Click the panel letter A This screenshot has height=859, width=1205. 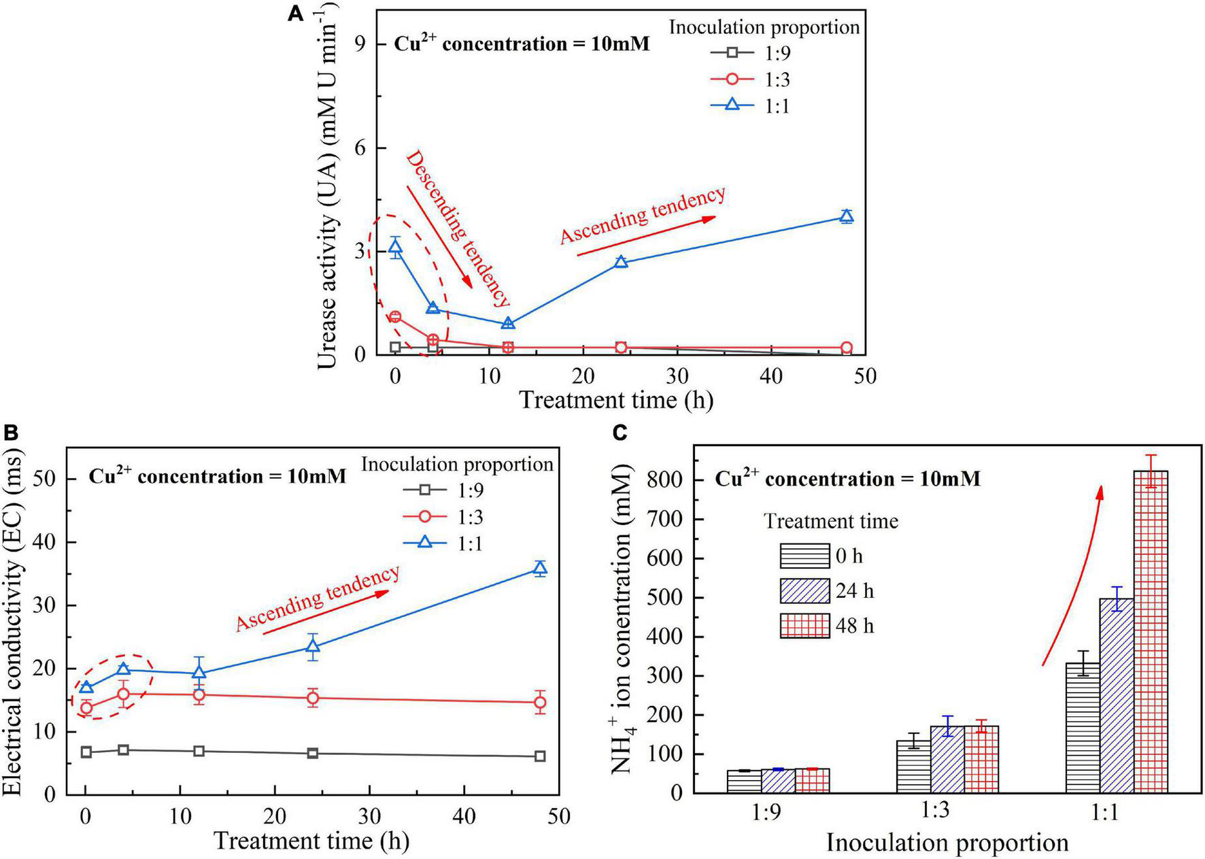click(x=296, y=14)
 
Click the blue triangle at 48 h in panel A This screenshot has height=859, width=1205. click(x=847, y=217)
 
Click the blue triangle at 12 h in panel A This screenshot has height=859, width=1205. click(x=508, y=324)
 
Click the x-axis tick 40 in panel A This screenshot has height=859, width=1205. click(x=771, y=376)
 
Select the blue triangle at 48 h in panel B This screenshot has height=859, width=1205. click(x=541, y=569)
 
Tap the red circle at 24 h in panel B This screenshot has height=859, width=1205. click(x=313, y=698)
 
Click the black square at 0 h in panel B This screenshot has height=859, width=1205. click(x=86, y=752)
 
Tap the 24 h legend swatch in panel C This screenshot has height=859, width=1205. click(x=804, y=591)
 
